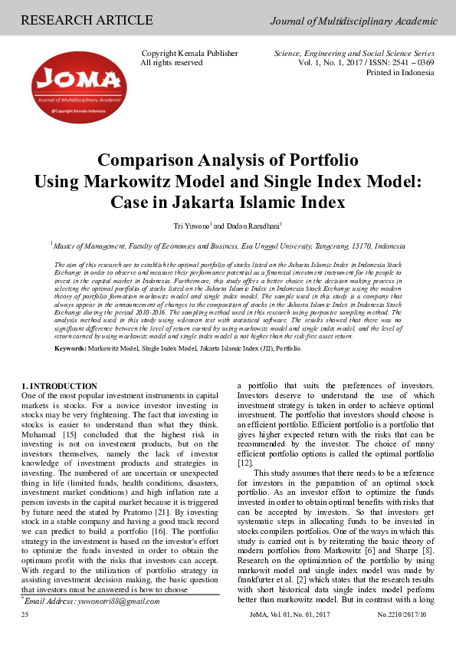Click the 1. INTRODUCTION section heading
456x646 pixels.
[x=59, y=385]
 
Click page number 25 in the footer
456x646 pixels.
[x=26, y=615]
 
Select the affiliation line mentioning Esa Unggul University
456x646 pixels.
[x=228, y=246]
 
